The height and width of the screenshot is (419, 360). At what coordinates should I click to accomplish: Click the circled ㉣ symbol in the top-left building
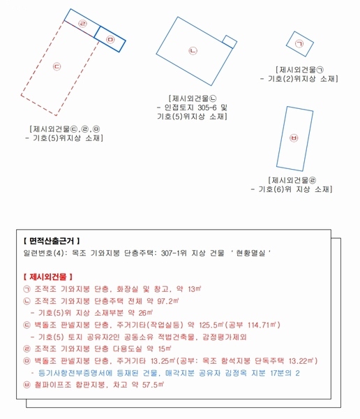(83, 24)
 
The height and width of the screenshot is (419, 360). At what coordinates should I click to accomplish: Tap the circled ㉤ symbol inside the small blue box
(110, 41)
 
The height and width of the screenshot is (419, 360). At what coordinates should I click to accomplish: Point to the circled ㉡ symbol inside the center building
(193, 50)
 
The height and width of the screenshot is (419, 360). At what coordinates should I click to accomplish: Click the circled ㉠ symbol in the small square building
(299, 44)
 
